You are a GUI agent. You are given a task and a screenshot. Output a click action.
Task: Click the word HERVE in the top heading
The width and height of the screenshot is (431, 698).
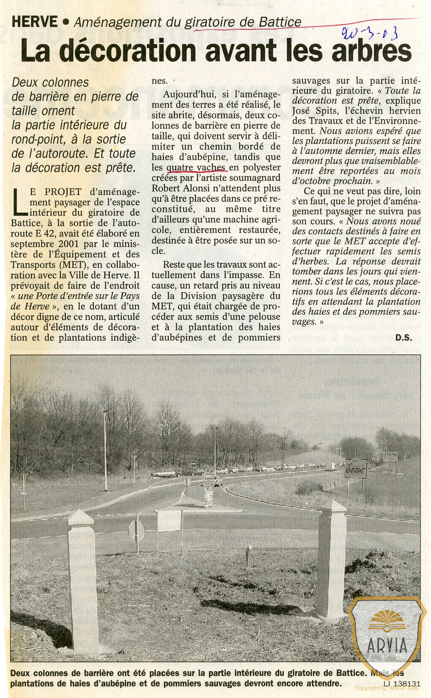[x=34, y=22]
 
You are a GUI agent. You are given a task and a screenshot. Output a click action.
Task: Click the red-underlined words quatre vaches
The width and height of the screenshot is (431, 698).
[x=197, y=167]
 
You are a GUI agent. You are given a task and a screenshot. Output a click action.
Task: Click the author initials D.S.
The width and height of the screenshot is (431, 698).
[x=403, y=338]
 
